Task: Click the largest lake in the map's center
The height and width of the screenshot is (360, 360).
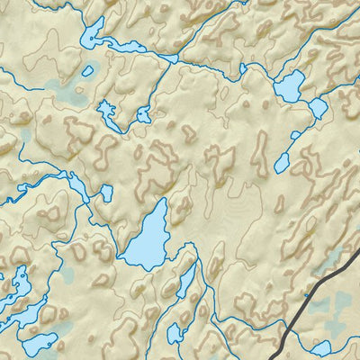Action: [148, 238]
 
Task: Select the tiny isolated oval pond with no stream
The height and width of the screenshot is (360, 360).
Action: [87, 70]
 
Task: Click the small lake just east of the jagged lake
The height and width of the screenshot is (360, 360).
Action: [143, 114]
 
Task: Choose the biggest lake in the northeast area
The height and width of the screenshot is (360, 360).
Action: [290, 86]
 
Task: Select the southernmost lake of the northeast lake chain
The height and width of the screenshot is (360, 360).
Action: [282, 163]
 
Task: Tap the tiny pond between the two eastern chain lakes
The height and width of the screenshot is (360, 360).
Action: [293, 136]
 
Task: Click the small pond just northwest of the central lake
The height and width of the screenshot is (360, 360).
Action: [106, 193]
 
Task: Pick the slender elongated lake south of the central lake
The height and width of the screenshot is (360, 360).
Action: [185, 281]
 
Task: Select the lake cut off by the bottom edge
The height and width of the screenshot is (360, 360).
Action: [175, 335]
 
